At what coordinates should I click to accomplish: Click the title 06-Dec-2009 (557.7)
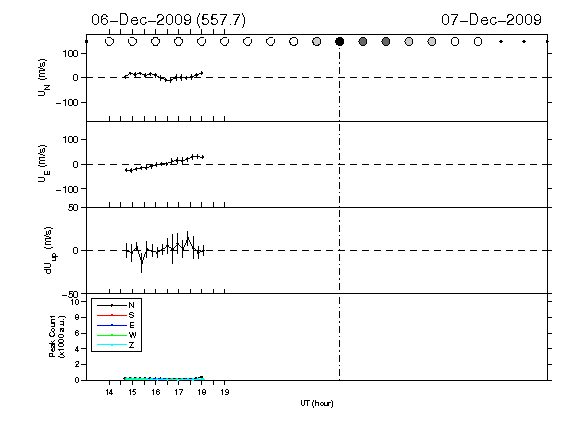(169, 20)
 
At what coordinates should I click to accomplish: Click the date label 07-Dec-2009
(492, 20)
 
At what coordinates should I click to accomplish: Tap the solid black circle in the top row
(340, 42)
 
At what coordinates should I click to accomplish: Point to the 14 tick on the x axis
(109, 392)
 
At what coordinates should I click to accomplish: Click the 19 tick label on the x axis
(225, 392)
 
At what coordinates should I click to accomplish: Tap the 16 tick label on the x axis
(155, 392)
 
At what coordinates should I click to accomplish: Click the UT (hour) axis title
(317, 403)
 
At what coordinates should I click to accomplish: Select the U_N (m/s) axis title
(44, 78)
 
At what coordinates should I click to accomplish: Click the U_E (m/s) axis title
(44, 164)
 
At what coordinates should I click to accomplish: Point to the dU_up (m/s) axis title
(51, 251)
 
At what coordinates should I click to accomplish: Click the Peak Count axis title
(57, 336)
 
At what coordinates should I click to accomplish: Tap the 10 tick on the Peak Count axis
(76, 302)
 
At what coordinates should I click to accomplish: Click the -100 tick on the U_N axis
(67, 102)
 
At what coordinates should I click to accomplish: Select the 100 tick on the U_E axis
(71, 140)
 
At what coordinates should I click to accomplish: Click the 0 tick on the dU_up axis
(76, 251)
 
